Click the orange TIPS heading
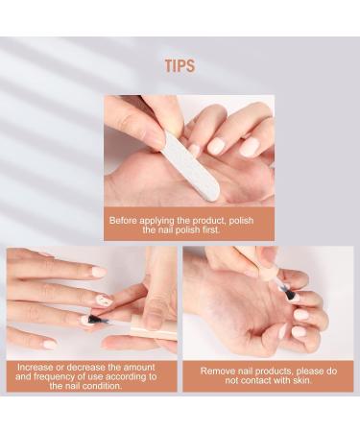180,66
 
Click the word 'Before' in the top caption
127,220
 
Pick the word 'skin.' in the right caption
294,380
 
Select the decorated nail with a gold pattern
104,300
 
